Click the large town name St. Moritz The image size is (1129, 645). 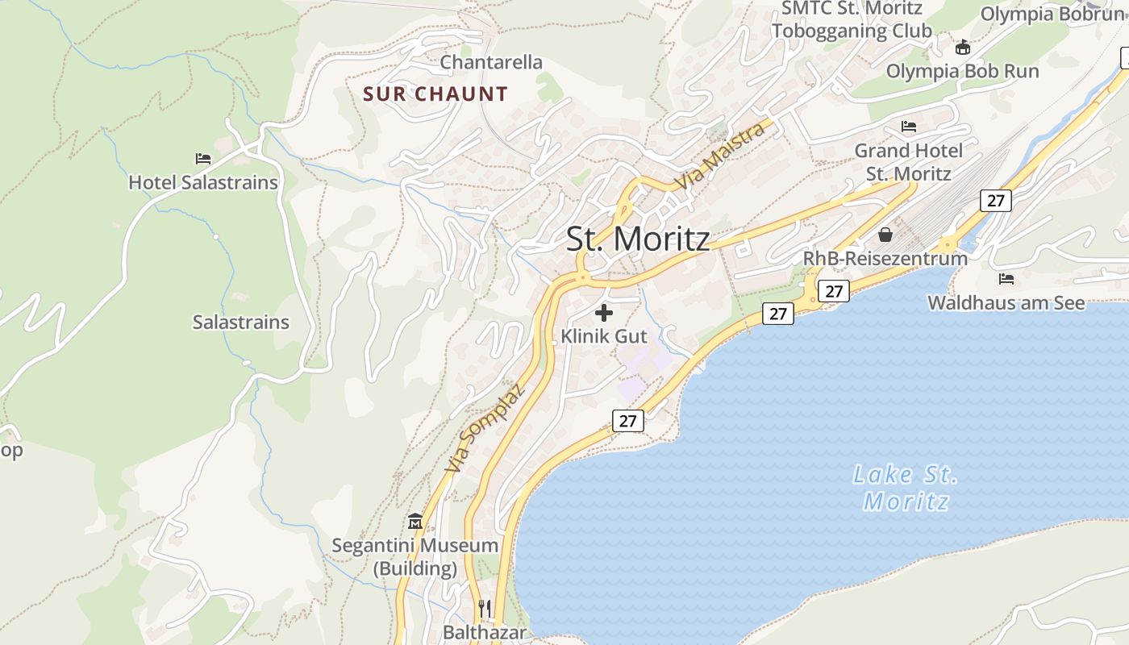pyautogui.click(x=638, y=239)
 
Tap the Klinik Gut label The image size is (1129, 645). pyautogui.click(x=604, y=336)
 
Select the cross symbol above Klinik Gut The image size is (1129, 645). pyautogui.click(x=604, y=313)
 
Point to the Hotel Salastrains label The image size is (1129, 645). pyautogui.click(x=203, y=182)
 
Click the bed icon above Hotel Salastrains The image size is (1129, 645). pyautogui.click(x=203, y=159)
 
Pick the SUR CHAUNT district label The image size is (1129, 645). pyautogui.click(x=435, y=94)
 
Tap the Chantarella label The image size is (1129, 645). pyautogui.click(x=491, y=62)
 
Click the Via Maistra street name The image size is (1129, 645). pyautogui.click(x=720, y=156)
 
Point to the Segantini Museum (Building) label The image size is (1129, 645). pyautogui.click(x=415, y=556)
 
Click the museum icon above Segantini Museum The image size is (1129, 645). pyautogui.click(x=415, y=521)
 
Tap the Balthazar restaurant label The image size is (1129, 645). pyautogui.click(x=485, y=632)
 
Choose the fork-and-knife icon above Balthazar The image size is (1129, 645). pyautogui.click(x=485, y=608)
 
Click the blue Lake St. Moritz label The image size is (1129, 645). pyautogui.click(x=906, y=488)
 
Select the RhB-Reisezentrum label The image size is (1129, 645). pyautogui.click(x=885, y=259)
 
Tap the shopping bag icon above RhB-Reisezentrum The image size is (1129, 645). pyautogui.click(x=885, y=235)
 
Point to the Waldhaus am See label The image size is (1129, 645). pyautogui.click(x=1006, y=303)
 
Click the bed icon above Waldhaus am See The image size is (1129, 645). pyautogui.click(x=1006, y=279)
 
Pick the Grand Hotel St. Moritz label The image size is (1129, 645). pyautogui.click(x=909, y=162)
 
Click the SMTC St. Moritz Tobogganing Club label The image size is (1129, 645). pyautogui.click(x=852, y=19)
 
